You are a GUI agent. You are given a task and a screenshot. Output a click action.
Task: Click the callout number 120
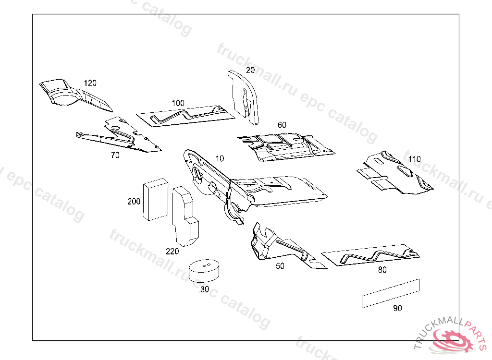pyautogui.click(x=90, y=83)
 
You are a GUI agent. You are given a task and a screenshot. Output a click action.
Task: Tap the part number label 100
pyautogui.click(x=178, y=103)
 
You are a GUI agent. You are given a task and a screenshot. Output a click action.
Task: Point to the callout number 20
pyautogui.click(x=250, y=70)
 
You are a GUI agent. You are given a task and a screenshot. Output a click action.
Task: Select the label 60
pyautogui.click(x=282, y=125)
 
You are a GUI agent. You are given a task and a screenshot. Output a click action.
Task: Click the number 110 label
pyautogui.click(x=414, y=159)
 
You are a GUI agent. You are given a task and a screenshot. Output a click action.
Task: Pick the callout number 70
pyautogui.click(x=115, y=155)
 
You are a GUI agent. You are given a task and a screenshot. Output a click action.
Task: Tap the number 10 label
pyautogui.click(x=220, y=159)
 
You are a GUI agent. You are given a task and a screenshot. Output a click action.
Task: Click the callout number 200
pyautogui.click(x=134, y=201)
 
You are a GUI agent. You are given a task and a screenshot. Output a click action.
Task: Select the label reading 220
pyautogui.click(x=172, y=251)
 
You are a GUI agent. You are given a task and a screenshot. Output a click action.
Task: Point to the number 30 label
pyautogui.click(x=205, y=289)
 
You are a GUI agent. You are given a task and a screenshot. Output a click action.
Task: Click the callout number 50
pyautogui.click(x=280, y=266)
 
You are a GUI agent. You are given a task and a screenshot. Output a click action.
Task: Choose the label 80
pyautogui.click(x=382, y=270)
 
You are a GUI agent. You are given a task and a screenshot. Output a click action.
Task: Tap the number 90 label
pyautogui.click(x=397, y=308)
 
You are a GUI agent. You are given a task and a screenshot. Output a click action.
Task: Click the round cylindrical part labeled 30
pyautogui.click(x=204, y=270)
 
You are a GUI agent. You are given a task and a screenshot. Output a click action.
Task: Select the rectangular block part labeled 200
pyautogui.click(x=156, y=200)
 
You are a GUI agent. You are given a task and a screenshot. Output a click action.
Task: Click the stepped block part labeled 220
pyautogui.click(x=185, y=216)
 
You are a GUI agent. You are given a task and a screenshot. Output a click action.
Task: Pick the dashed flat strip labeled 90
pyautogui.click(x=391, y=293)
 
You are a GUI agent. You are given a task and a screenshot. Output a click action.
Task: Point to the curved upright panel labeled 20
pyautogui.click(x=246, y=97)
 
